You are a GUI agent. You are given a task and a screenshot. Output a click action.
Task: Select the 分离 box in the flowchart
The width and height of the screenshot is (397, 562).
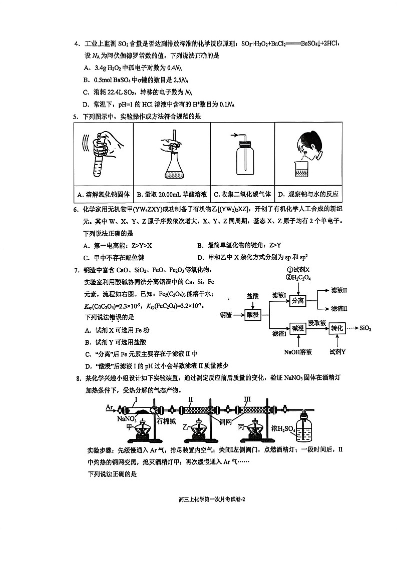(x=297, y=301)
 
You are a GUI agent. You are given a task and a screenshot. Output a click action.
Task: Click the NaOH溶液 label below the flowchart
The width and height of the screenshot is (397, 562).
(x=298, y=352)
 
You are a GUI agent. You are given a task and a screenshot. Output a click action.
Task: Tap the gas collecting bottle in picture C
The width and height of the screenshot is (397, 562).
(x=243, y=159)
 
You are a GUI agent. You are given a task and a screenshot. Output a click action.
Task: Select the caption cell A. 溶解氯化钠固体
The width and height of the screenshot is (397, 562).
(x=104, y=194)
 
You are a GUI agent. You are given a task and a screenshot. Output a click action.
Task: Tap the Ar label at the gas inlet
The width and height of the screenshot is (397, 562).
(x=110, y=407)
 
